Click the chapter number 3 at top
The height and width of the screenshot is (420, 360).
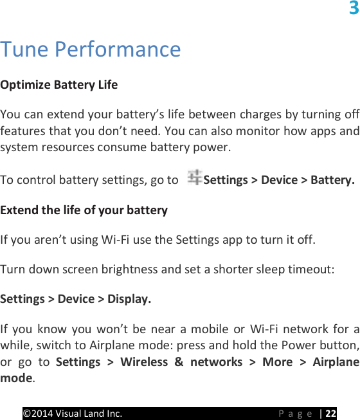pos(354,8)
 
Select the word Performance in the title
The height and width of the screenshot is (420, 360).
pos(118,49)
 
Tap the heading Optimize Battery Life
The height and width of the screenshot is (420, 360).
pos(59,84)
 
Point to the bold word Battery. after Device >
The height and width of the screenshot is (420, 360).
pos(332,179)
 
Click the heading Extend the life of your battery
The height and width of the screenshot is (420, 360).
pos(84,210)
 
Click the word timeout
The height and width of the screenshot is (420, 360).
pos(311,269)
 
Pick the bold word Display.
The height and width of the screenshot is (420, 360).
pos(130,299)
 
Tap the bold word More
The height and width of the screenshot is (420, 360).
pos(277,361)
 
